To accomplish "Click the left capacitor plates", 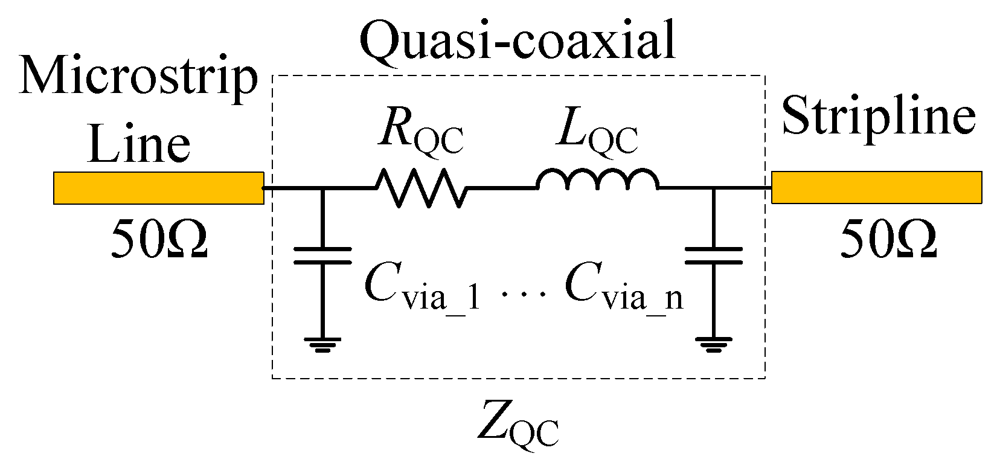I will click(x=322, y=255).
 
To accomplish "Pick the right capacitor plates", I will click(x=713, y=255).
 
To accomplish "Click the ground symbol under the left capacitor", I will click(x=322, y=344).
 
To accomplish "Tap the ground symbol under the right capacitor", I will click(x=713, y=344).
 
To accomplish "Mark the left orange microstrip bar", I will click(x=158, y=188).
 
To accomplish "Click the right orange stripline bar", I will click(x=876, y=187).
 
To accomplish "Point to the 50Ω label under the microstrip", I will click(x=159, y=239).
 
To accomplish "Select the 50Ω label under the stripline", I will click(x=888, y=239).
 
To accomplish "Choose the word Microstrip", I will click(x=139, y=79).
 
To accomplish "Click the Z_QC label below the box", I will click(x=518, y=426).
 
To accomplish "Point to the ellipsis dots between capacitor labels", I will click(x=523, y=294).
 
